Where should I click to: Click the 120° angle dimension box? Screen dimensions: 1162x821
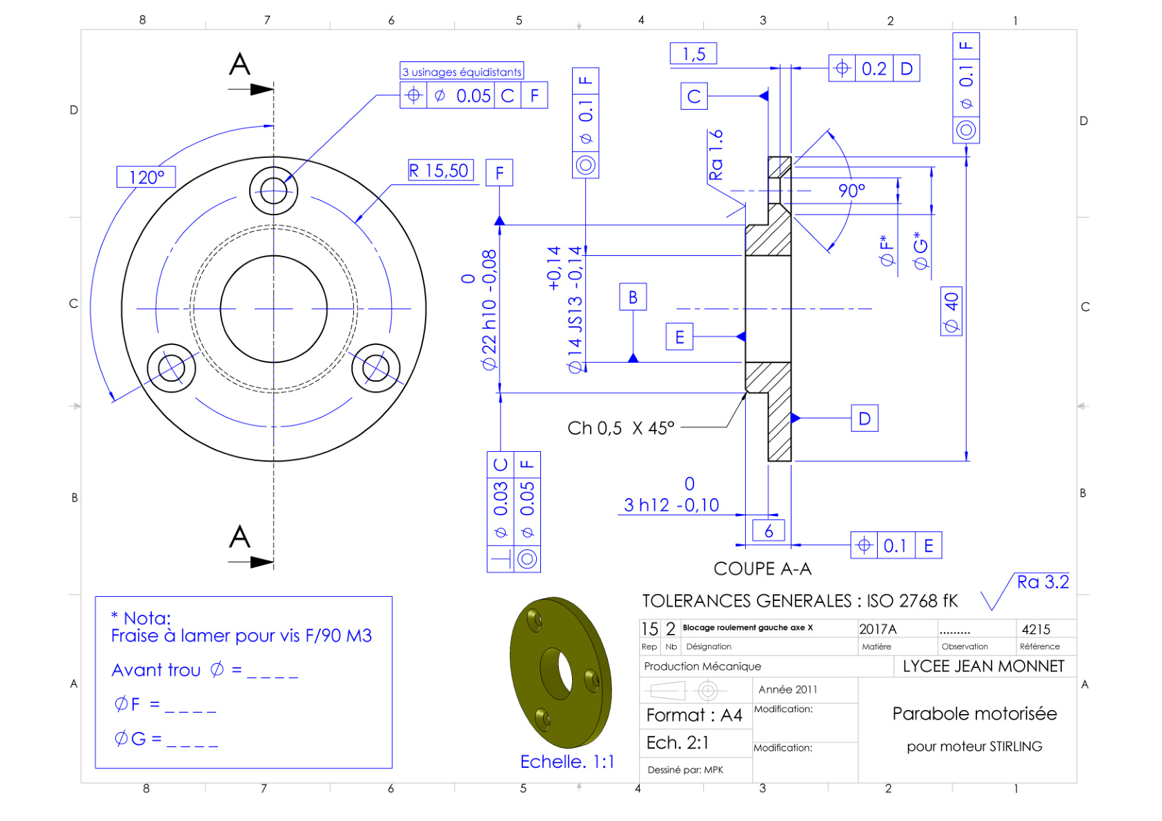[x=146, y=177]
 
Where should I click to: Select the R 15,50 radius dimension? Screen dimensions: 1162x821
[x=440, y=170]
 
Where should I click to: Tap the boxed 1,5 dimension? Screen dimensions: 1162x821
[x=693, y=53]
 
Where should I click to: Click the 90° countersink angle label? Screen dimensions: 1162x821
[x=851, y=190]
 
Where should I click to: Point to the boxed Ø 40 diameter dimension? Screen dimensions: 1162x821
[x=952, y=311]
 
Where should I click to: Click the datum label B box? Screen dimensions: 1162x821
[x=633, y=297]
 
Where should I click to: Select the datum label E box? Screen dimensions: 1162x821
[x=680, y=337]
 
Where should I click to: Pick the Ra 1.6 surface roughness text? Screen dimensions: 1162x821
[x=716, y=155]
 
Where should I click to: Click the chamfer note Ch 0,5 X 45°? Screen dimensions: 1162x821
[x=621, y=428]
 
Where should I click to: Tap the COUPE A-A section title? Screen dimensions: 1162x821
[x=762, y=569]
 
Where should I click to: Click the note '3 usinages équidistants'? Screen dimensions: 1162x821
[x=462, y=71]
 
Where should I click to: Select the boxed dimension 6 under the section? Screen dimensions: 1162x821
[x=769, y=531]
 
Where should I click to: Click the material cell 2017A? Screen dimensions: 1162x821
[x=878, y=629]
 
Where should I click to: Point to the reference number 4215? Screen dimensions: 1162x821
[x=1036, y=629]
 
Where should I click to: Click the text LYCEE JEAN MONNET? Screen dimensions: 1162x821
[x=983, y=666]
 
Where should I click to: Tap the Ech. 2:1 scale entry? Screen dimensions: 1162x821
[x=678, y=742]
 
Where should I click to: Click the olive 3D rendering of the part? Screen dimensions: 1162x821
[x=561, y=672]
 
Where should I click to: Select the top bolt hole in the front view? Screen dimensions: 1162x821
[x=274, y=191]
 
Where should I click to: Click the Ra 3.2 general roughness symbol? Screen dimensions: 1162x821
[x=1025, y=590]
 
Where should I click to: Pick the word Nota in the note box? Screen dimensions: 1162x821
[x=148, y=618]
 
